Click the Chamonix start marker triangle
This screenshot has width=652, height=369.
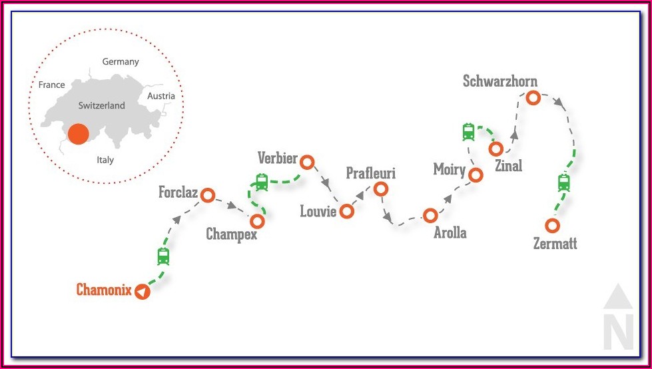pyautogui.click(x=141, y=292)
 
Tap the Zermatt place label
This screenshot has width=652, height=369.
pyautogui.click(x=555, y=244)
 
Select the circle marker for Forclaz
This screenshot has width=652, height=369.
pyautogui.click(x=208, y=195)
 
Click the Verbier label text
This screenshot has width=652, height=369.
pyautogui.click(x=277, y=159)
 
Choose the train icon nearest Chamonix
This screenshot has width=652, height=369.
pyautogui.click(x=163, y=256)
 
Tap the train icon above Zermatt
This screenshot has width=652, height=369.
pyautogui.click(x=564, y=182)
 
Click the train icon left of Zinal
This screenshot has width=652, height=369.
pyautogui.click(x=469, y=132)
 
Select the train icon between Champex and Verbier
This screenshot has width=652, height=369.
pyautogui.click(x=261, y=181)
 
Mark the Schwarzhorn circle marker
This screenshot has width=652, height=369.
pyautogui.click(x=533, y=98)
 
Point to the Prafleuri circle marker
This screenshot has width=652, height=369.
pyautogui.click(x=381, y=189)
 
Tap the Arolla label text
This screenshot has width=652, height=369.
pyautogui.click(x=450, y=233)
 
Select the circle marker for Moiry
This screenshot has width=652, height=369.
pyautogui.click(x=476, y=175)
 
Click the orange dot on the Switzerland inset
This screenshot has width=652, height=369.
pyautogui.click(x=78, y=133)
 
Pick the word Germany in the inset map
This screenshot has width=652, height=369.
pyautogui.click(x=121, y=62)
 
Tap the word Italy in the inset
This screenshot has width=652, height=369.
pyautogui.click(x=105, y=160)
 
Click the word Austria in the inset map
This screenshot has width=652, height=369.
pyautogui.click(x=161, y=96)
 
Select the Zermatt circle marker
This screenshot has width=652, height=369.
pyautogui.click(x=552, y=225)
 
